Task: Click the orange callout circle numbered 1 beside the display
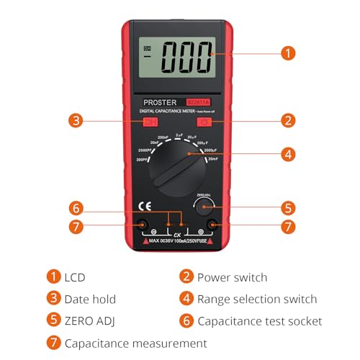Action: coord(287,53)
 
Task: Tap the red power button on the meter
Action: coord(204,122)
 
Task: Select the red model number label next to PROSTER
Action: coord(198,102)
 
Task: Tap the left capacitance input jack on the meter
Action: coord(143,225)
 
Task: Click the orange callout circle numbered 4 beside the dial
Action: coord(287,153)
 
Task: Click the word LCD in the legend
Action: coord(75,277)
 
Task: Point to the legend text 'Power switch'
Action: coord(232,277)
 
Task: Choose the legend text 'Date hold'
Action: coord(90,299)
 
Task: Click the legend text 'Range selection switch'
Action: coord(256,299)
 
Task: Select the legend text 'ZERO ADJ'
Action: coord(91,321)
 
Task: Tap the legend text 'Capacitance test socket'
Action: coord(260,321)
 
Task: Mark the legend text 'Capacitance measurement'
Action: coord(135,343)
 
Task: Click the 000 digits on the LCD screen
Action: coord(187,55)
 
